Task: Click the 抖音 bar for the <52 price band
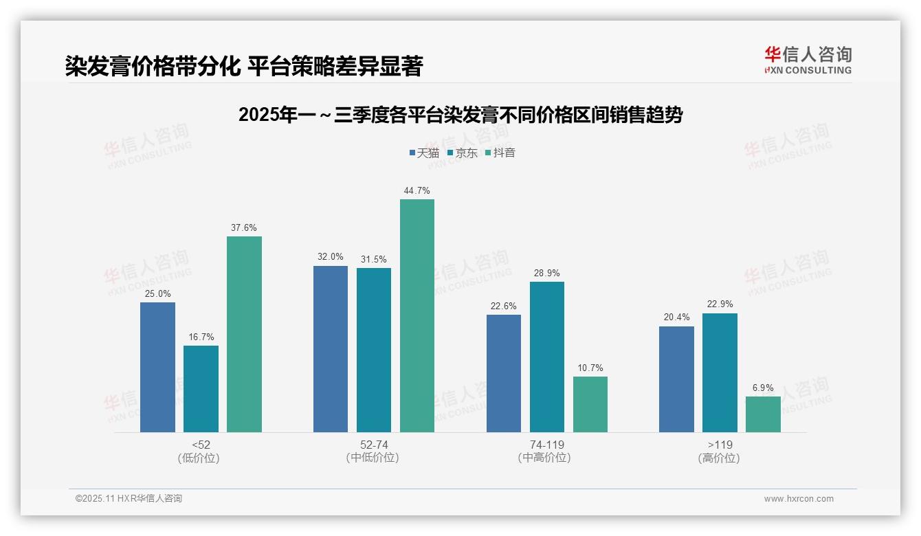[244, 334]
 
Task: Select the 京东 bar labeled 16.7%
[201, 389]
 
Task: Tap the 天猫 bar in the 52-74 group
[331, 349]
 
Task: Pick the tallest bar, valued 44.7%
[417, 315]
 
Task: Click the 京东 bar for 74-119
[547, 357]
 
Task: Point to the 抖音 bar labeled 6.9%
[763, 414]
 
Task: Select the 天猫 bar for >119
[676, 379]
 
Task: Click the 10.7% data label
[590, 368]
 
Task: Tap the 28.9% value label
[547, 273]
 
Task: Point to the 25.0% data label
[157, 294]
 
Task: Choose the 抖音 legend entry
[500, 153]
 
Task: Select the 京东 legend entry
[462, 153]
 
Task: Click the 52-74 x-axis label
[374, 445]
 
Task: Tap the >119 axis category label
[720, 445]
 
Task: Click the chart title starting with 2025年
[460, 115]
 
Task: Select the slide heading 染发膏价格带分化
[244, 67]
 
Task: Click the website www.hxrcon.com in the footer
[799, 499]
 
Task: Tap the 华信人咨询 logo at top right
[808, 60]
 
